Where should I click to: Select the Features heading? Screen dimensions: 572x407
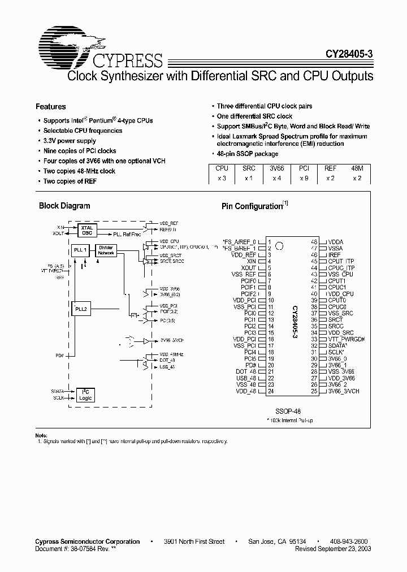[x=51, y=106]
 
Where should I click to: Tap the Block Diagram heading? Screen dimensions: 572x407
[x=64, y=206]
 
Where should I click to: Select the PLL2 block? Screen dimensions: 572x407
[x=81, y=309]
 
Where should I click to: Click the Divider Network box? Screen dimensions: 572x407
[x=106, y=250]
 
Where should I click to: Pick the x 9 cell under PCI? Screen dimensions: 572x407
[x=304, y=178]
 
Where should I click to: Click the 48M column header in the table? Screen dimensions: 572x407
[x=357, y=168]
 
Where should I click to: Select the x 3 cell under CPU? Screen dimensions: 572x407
[x=222, y=178]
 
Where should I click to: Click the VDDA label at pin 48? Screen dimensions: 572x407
[x=336, y=241]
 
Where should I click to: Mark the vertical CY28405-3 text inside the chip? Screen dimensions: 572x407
[x=295, y=323]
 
